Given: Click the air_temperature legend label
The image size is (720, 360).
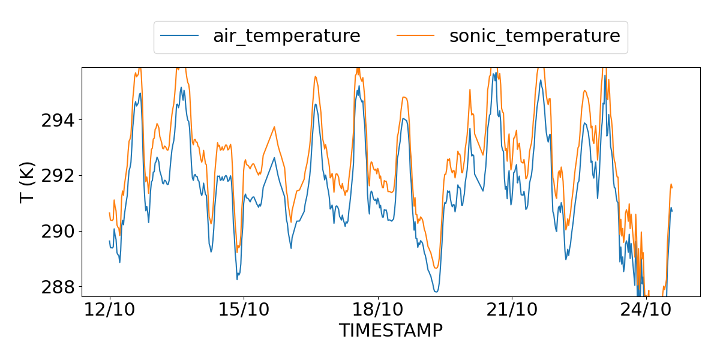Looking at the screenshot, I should pos(286,36).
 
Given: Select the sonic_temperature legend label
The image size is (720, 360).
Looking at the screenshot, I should pos(535,36).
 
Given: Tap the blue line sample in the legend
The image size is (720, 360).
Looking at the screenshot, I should pos(179,36).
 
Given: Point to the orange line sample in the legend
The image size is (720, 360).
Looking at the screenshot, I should pos(416,36).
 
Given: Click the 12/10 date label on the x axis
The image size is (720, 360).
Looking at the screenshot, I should pos(110,311).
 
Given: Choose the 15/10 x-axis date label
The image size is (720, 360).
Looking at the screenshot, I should pos(244,311).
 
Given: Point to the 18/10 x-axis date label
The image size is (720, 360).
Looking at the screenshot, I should pos(377,311).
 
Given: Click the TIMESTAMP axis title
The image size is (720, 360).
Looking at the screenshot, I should pos(391,331).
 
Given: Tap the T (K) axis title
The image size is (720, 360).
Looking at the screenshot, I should pos(27,182).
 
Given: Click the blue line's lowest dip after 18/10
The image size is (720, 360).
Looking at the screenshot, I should pos(436,292).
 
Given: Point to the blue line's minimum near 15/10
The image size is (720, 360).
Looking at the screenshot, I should pos(237,279).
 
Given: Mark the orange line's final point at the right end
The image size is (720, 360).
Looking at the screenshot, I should pos(672,188).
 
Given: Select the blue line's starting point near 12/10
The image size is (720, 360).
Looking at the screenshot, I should pos(109,241).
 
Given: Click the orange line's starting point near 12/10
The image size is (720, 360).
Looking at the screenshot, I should pos(109,213).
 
